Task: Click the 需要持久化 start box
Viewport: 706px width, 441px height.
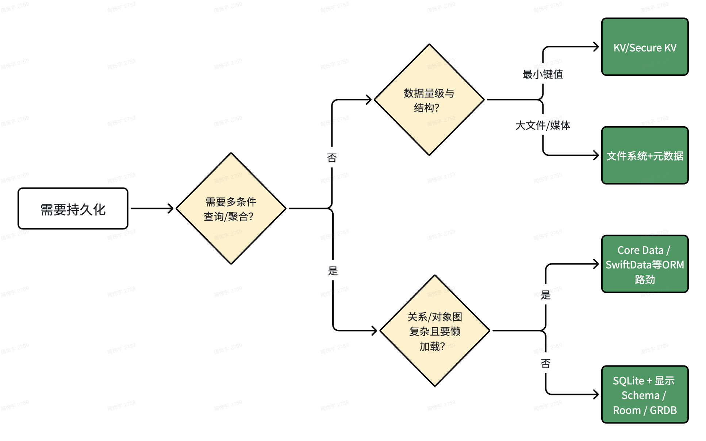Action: pos(73,209)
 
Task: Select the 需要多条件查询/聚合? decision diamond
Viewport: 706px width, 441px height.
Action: pos(231,209)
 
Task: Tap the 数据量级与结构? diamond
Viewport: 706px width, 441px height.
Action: pos(429,100)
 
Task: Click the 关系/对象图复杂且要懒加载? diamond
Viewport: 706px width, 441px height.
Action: pos(434,331)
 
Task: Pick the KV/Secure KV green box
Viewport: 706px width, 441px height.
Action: pos(645,47)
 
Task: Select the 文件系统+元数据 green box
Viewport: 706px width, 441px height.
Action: pos(645,156)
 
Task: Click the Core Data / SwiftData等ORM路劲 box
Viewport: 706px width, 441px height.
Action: pos(645,264)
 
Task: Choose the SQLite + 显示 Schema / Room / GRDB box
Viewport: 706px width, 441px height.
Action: pos(645,395)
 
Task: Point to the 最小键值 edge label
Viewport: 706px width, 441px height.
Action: pos(543,74)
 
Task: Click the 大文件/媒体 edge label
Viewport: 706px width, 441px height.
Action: pos(543,125)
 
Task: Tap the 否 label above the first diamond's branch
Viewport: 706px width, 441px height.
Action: pos(332,158)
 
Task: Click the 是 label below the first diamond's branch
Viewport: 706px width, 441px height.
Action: pos(333,271)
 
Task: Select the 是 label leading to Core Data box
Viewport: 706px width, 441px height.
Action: pos(546,295)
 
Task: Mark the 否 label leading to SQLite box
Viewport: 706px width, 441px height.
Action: pos(546,363)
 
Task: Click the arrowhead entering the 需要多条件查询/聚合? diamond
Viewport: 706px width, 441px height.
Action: pos(170,209)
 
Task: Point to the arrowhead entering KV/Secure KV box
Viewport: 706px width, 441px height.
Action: pos(596,47)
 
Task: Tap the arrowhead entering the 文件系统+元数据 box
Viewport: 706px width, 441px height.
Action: pos(596,156)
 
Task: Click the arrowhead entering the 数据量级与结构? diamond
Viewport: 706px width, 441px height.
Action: pos(369,100)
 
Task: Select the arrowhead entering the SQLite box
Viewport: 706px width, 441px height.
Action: pos(596,394)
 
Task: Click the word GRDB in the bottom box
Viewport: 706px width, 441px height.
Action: pos(663,410)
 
